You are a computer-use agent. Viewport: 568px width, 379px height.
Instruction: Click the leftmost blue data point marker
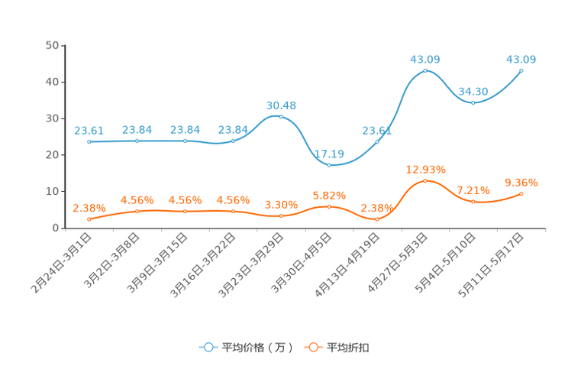click(89, 142)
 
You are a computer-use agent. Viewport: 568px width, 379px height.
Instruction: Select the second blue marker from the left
click(137, 141)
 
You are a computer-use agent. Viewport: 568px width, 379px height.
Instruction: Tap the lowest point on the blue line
click(329, 165)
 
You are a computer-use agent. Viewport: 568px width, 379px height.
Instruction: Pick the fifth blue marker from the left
click(281, 117)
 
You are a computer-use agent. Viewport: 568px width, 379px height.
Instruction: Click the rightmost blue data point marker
click(521, 71)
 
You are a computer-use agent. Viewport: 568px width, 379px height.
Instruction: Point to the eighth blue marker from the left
click(425, 71)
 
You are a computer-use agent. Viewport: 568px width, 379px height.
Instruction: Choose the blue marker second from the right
click(473, 102)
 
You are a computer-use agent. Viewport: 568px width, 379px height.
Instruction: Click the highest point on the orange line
click(425, 181)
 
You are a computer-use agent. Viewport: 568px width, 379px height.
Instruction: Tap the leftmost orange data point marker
click(89, 220)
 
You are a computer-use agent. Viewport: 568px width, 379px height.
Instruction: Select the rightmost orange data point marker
click(521, 194)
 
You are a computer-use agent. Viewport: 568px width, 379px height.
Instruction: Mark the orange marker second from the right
click(473, 202)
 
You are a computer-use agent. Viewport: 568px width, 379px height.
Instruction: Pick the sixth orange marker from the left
click(329, 207)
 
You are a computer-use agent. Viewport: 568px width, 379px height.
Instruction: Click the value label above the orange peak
click(425, 168)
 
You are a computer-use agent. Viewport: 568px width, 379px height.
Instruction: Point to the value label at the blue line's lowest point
click(329, 154)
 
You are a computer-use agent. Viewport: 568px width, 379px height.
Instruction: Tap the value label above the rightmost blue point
click(521, 59)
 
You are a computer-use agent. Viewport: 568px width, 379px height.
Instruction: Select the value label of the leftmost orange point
click(89, 208)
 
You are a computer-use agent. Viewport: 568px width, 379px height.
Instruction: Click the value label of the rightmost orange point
click(521, 182)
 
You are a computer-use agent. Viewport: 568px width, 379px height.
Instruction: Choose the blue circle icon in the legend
click(207, 347)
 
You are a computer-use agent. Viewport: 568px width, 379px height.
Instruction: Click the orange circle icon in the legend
click(312, 347)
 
